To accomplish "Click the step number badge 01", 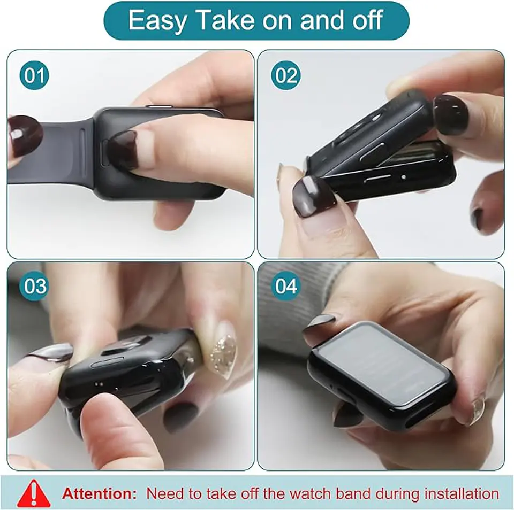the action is pyautogui.click(x=34, y=75).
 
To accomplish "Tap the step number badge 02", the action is pyautogui.click(x=286, y=75).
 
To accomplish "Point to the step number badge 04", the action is pyautogui.click(x=286, y=286).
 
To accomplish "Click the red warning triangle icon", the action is pyautogui.click(x=34, y=493).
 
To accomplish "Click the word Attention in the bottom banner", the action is pyautogui.click(x=100, y=493).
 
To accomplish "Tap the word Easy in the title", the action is pyautogui.click(x=157, y=21).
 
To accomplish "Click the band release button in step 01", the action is pyautogui.click(x=105, y=152).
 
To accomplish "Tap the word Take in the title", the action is pyautogui.click(x=226, y=20).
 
